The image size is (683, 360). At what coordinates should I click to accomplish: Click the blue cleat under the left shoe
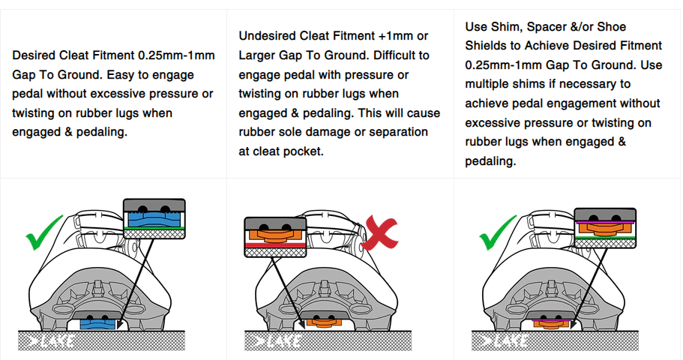(97, 324)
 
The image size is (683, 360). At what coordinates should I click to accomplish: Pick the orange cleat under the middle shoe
(323, 323)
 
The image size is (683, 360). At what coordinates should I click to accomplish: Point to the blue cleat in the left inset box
(154, 219)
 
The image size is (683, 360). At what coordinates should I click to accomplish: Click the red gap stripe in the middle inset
(275, 245)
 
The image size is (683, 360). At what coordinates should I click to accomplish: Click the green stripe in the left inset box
(154, 228)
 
